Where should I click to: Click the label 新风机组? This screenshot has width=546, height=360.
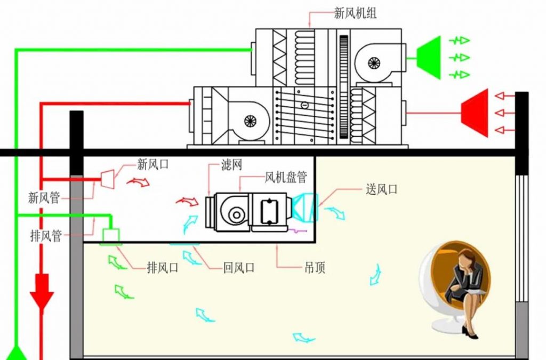point(355,13)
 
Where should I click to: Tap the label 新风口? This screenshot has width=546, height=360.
point(152,164)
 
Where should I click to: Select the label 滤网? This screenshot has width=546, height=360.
point(231,165)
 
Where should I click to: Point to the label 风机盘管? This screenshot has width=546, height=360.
point(285,177)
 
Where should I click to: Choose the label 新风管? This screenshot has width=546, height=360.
point(44,198)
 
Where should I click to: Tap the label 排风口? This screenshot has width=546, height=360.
point(163,268)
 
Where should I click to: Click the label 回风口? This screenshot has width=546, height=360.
point(239,268)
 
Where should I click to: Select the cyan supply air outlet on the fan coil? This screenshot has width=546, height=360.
point(304,207)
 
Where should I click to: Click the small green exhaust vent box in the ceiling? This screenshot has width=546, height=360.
point(111,234)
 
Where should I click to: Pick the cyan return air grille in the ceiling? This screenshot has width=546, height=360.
point(184,244)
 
